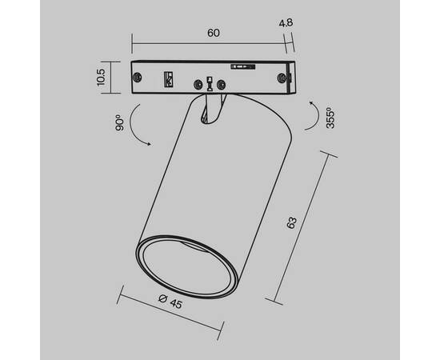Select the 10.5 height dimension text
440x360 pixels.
[x=101, y=78]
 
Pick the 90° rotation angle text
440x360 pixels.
[x=118, y=122]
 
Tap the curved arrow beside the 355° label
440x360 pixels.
[x=313, y=116]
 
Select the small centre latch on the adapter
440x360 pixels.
[x=210, y=82]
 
